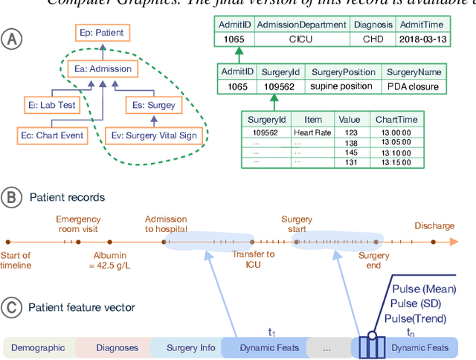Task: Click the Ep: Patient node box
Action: click(x=103, y=33)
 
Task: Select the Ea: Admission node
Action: click(x=103, y=69)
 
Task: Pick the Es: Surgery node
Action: click(x=151, y=105)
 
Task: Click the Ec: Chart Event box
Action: click(x=51, y=135)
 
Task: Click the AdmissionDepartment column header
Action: click(x=302, y=25)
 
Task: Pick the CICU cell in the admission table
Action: click(x=302, y=39)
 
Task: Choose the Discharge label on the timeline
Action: click(x=434, y=225)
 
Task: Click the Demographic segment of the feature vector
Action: click(x=38, y=347)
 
